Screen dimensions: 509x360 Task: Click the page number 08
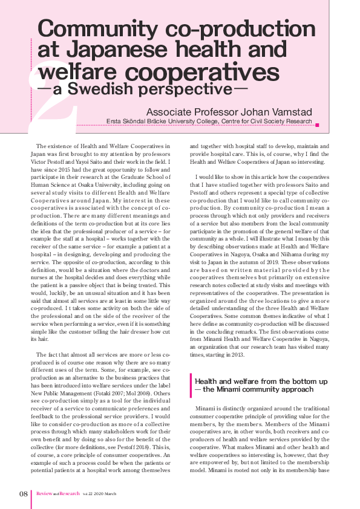(x=24, y=493)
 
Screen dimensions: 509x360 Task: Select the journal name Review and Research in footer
(x=59, y=493)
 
